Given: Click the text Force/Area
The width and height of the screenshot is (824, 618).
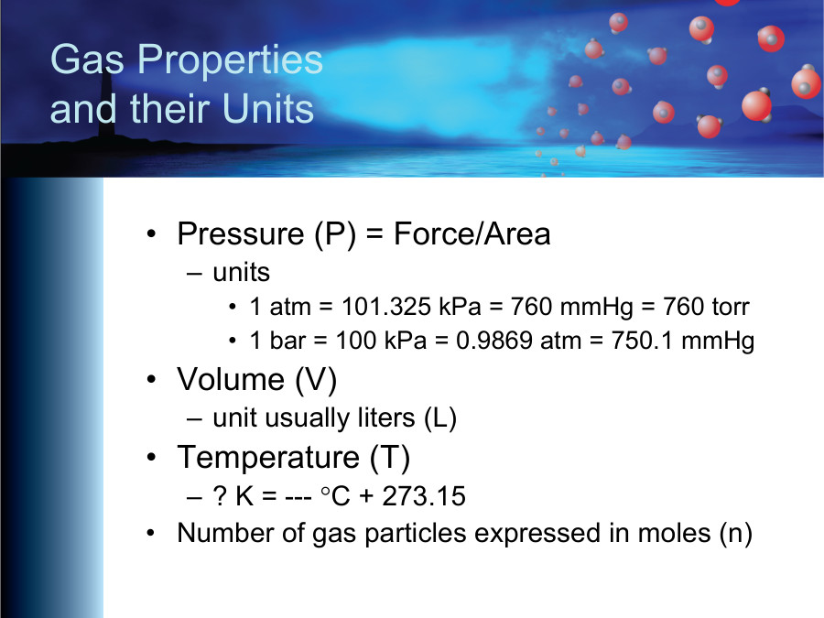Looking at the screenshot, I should click(x=472, y=234).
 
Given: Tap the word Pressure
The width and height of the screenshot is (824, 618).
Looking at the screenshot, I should click(x=241, y=234).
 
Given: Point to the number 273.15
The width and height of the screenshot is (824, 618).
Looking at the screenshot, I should click(x=424, y=496).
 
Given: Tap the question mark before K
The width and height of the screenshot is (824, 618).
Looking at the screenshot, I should click(x=220, y=496).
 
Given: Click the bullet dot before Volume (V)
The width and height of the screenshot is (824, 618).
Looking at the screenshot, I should click(x=152, y=380).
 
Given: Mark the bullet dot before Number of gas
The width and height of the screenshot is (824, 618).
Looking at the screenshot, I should click(x=152, y=533).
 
